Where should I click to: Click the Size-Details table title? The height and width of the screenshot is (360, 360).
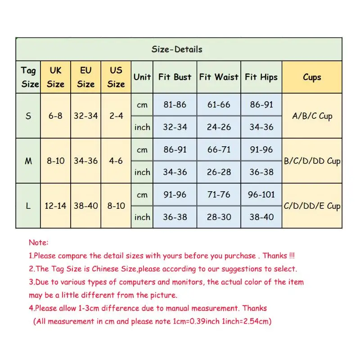pos(177,49)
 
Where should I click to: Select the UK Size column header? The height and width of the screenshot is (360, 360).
pos(55,77)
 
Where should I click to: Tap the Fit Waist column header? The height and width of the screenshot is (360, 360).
pos(219,77)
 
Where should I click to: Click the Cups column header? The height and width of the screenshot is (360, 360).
pos(312,77)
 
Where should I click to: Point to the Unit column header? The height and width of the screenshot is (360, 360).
pos(142,77)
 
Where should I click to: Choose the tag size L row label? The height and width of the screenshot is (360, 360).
pos(28,206)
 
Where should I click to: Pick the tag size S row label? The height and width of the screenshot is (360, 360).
pos(28,116)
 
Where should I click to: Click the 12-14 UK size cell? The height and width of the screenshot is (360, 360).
pos(55,206)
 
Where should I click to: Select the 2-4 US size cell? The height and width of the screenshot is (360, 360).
pos(116,116)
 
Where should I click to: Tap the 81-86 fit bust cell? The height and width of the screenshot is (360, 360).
pos(175,104)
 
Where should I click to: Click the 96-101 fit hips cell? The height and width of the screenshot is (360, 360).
pos(261,194)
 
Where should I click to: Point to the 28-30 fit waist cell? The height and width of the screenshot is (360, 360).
pos(219,217)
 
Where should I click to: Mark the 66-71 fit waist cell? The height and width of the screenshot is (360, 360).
pos(219,149)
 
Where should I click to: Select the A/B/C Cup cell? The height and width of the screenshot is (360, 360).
pos(312,116)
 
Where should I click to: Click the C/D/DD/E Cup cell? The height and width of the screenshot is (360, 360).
pos(312,206)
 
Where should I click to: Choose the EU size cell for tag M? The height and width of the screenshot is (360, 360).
pos(85,161)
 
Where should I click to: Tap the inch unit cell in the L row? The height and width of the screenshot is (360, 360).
pos(142,217)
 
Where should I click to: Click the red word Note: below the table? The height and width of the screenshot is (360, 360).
pos(38,243)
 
